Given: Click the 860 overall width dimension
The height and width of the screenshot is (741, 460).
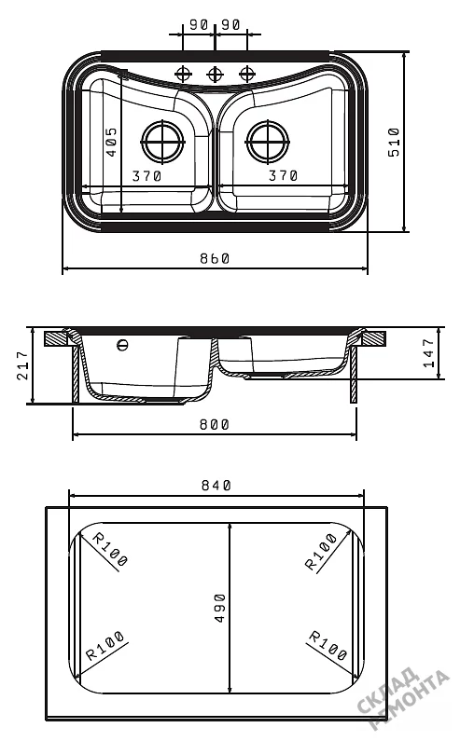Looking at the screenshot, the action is tap(215, 258).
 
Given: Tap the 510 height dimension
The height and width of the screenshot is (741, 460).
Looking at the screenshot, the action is tap(394, 143).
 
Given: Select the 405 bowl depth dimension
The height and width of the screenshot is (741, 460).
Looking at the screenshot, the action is tap(111, 142).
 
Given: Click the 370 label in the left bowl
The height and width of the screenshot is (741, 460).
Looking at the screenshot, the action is tap(146, 176).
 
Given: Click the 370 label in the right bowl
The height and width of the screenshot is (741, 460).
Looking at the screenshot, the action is tap(283, 176).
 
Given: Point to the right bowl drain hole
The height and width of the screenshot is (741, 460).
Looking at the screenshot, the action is tap(267, 141).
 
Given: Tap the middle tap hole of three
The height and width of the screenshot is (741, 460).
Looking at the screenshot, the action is tap(215, 74).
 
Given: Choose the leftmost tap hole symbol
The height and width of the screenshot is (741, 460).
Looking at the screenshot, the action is tap(183, 74).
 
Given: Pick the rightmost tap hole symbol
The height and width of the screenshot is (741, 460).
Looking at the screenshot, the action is tap(246, 74).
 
